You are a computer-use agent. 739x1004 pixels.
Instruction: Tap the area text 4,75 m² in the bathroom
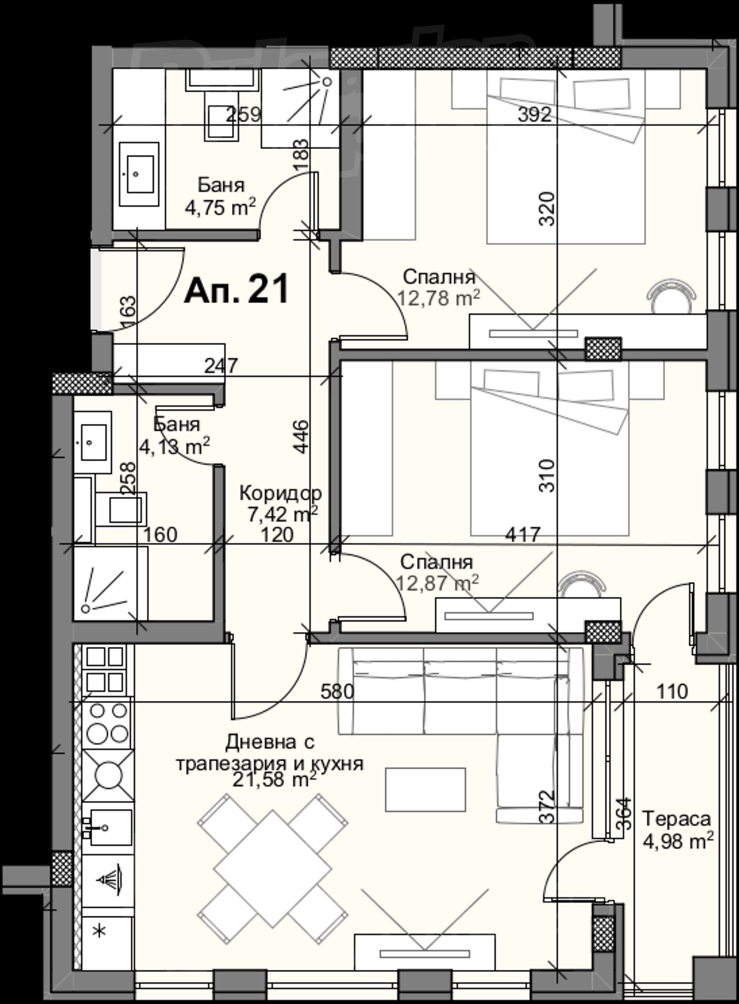click(x=220, y=208)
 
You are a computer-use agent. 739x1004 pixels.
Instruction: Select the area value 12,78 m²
click(x=438, y=298)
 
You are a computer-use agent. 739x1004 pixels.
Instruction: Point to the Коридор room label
click(x=280, y=493)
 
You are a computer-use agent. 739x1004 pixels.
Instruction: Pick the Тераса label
click(x=677, y=819)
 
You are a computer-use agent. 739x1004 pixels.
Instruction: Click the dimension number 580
click(x=337, y=692)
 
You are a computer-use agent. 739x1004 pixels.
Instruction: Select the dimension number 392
click(x=535, y=115)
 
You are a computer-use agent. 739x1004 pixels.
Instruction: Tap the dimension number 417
click(x=523, y=534)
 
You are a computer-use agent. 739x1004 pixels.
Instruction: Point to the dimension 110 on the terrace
click(x=672, y=692)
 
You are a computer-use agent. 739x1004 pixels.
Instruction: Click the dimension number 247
click(x=221, y=366)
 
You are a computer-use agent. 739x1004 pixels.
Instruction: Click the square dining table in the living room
click(x=272, y=869)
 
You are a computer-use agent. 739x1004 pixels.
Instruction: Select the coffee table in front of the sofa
click(x=425, y=789)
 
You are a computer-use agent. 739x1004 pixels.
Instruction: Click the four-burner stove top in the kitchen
click(x=107, y=723)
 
